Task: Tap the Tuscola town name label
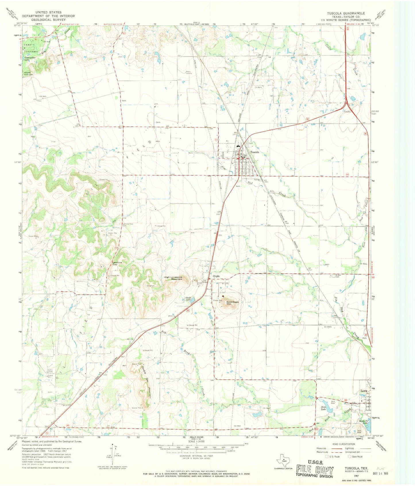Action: tap(254, 152)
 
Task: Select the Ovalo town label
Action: tap(216, 276)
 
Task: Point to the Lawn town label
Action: tap(364, 391)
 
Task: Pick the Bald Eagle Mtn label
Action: tap(232, 303)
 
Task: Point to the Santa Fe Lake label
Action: tap(363, 422)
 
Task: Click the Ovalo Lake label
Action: tap(188, 299)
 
